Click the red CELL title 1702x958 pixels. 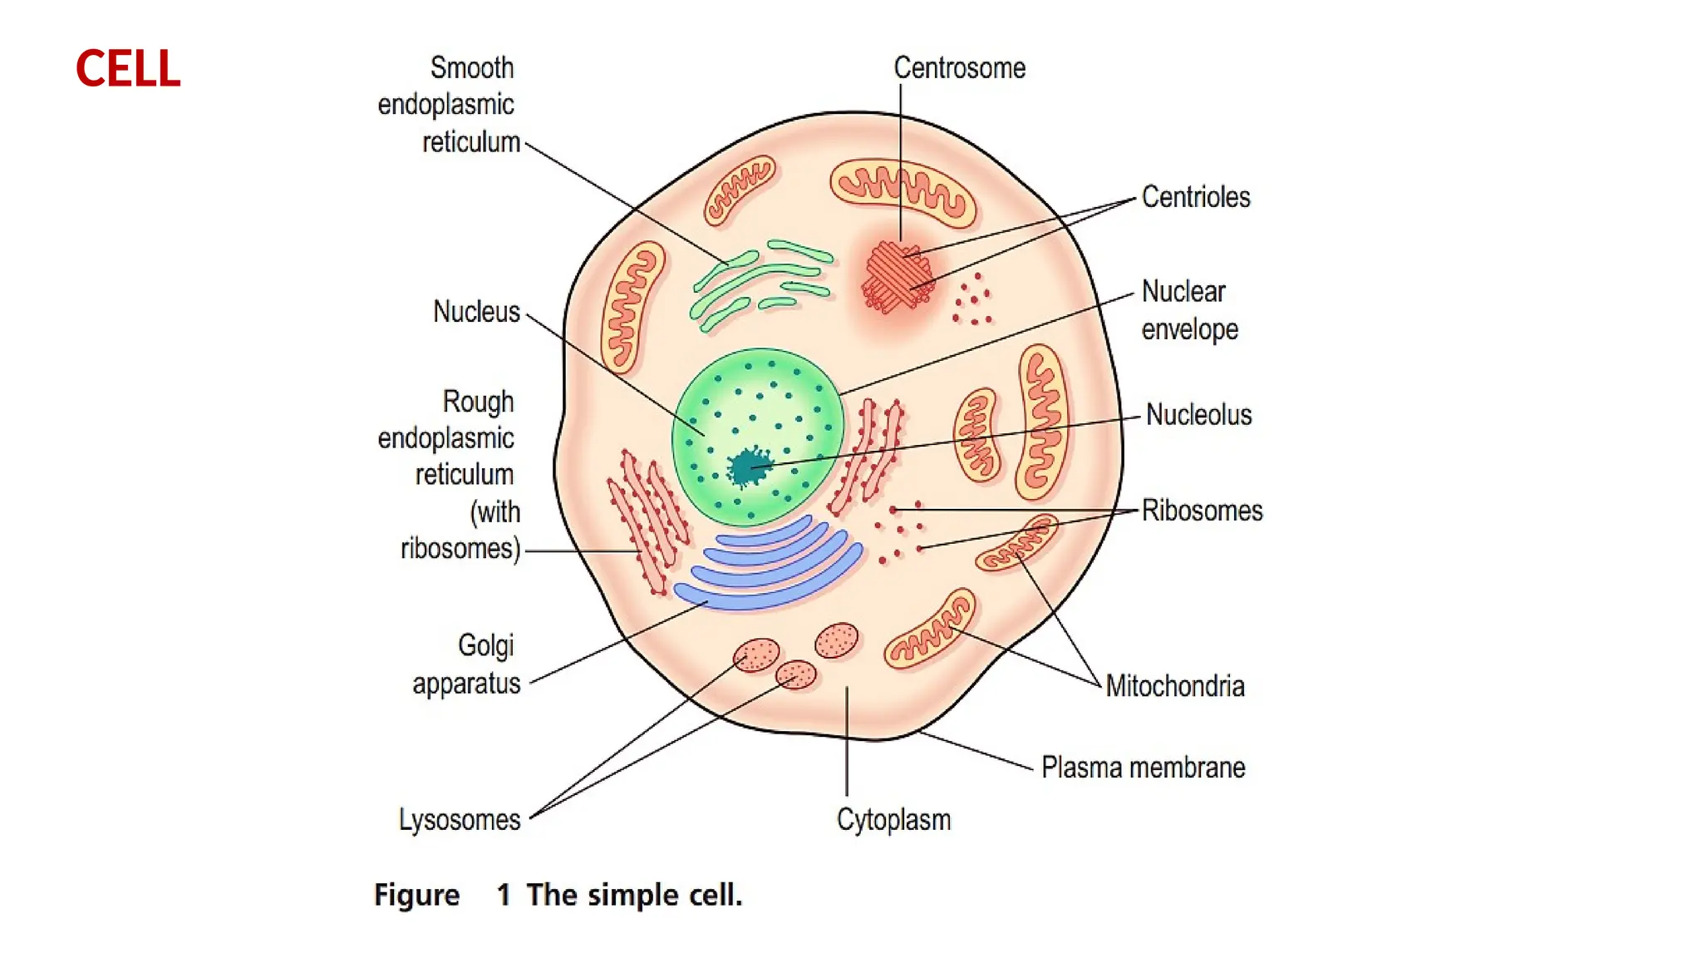coord(128,68)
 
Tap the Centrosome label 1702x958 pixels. coord(959,68)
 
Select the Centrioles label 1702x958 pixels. coord(1195,197)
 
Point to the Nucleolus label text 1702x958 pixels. coord(1198,414)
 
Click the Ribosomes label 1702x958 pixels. coord(1202,510)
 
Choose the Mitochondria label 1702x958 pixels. coord(1174,686)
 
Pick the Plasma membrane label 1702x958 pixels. coord(1143,767)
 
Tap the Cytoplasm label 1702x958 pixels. coord(893,819)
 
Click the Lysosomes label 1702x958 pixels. coord(460,819)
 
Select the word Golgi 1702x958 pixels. coord(486,645)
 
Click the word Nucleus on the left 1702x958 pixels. coord(476,312)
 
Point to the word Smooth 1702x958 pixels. coord(472,68)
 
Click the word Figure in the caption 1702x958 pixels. coord(416,895)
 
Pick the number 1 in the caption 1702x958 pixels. coord(504,895)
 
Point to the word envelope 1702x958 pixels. coord(1189,329)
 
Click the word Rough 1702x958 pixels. coord(478,401)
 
